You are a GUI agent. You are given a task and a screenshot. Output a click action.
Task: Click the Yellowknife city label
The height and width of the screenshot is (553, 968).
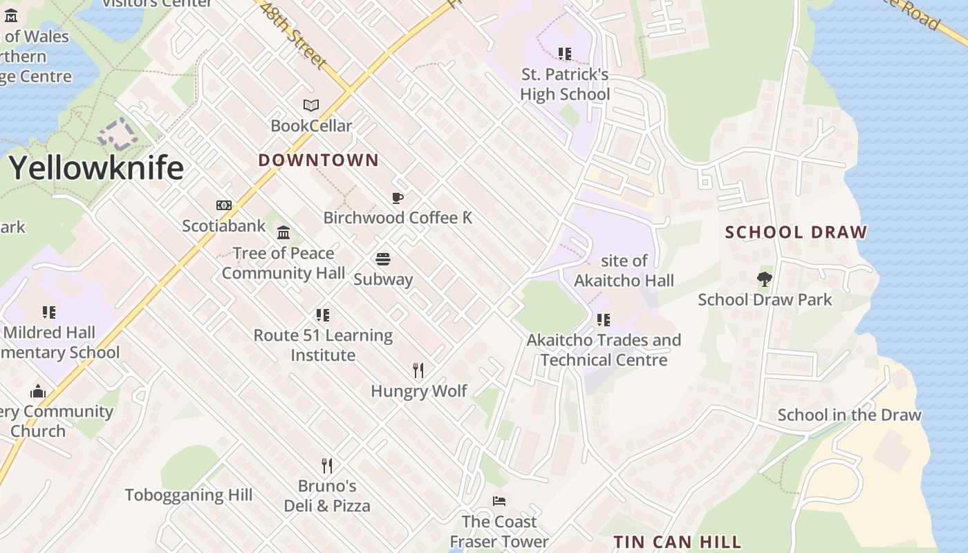[x=96, y=168]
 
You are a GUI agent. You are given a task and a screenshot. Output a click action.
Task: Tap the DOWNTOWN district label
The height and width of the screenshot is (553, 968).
[x=318, y=160]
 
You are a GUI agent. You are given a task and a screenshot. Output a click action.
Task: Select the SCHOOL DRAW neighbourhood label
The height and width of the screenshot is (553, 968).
[x=796, y=232]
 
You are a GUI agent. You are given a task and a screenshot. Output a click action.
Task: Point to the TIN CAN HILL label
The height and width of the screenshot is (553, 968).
[x=678, y=541]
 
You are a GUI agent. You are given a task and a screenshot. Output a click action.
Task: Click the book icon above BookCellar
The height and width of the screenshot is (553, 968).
[x=311, y=106]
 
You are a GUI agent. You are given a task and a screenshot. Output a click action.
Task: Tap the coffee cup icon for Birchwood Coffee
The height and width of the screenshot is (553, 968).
[x=398, y=198]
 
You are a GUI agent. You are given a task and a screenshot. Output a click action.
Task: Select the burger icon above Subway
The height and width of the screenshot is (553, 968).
[x=383, y=259]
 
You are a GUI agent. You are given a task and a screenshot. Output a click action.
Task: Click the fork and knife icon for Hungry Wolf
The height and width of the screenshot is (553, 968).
[x=418, y=371]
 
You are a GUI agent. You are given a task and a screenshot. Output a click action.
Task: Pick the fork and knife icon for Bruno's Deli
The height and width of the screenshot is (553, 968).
[x=327, y=465]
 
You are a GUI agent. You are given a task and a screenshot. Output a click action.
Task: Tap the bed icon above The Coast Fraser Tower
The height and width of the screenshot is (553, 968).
[x=499, y=501]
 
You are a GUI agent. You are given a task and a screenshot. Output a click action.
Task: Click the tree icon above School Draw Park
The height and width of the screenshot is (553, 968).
[x=764, y=279]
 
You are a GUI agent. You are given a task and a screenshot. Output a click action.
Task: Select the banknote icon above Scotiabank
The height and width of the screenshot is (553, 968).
[x=223, y=205]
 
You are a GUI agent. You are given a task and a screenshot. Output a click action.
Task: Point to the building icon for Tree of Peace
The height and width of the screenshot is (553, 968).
[x=283, y=232]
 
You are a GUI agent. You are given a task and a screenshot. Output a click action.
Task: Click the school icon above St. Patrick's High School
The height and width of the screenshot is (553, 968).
[x=565, y=54]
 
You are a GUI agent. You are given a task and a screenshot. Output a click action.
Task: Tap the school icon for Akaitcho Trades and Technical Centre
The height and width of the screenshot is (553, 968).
[x=604, y=320]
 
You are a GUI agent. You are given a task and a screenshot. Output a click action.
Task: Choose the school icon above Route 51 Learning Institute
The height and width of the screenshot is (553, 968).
[x=323, y=315]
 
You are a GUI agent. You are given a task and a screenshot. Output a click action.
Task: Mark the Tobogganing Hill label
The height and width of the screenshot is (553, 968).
[x=189, y=495]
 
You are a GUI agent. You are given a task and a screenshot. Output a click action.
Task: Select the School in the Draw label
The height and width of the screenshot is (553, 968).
[x=849, y=415]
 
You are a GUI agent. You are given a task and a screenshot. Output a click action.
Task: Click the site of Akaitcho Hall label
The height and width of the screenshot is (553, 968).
[x=624, y=270]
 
